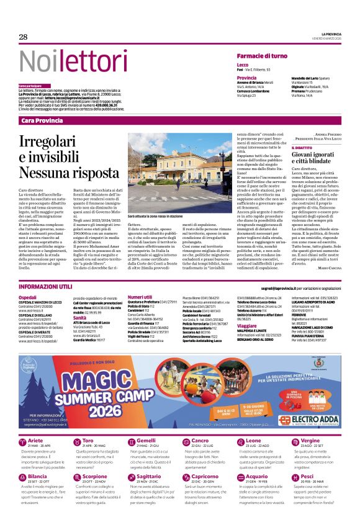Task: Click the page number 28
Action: click(24, 37)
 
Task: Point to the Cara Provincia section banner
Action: click(43, 120)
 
